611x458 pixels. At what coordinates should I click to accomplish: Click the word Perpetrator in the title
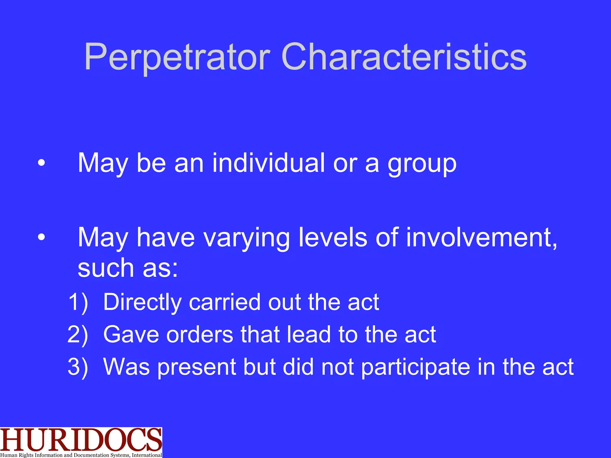tap(177, 57)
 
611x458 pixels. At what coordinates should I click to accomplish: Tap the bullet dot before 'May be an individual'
tap(41, 163)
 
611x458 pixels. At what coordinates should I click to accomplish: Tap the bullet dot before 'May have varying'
tap(41, 237)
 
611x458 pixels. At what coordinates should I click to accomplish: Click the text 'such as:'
tap(128, 267)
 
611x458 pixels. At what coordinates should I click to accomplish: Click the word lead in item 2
tap(309, 334)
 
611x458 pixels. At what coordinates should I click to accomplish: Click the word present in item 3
tap(197, 367)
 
